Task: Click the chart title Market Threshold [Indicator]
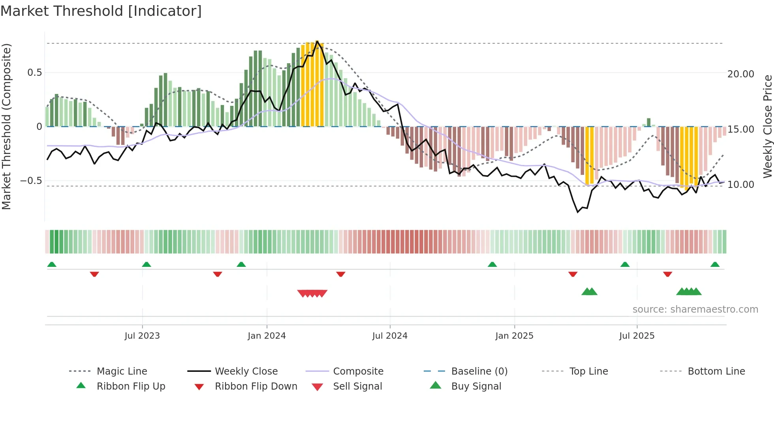(x=101, y=11)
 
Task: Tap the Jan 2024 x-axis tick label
(x=267, y=336)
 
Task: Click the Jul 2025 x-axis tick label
(x=637, y=336)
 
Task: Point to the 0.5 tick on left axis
(x=34, y=73)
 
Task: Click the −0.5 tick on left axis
(x=31, y=181)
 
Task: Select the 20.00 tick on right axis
(x=740, y=74)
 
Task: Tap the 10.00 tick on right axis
(x=740, y=185)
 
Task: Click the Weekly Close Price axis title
(x=767, y=126)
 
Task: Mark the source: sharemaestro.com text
(x=695, y=309)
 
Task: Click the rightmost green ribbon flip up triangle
(x=715, y=264)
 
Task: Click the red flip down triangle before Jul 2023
(x=94, y=274)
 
